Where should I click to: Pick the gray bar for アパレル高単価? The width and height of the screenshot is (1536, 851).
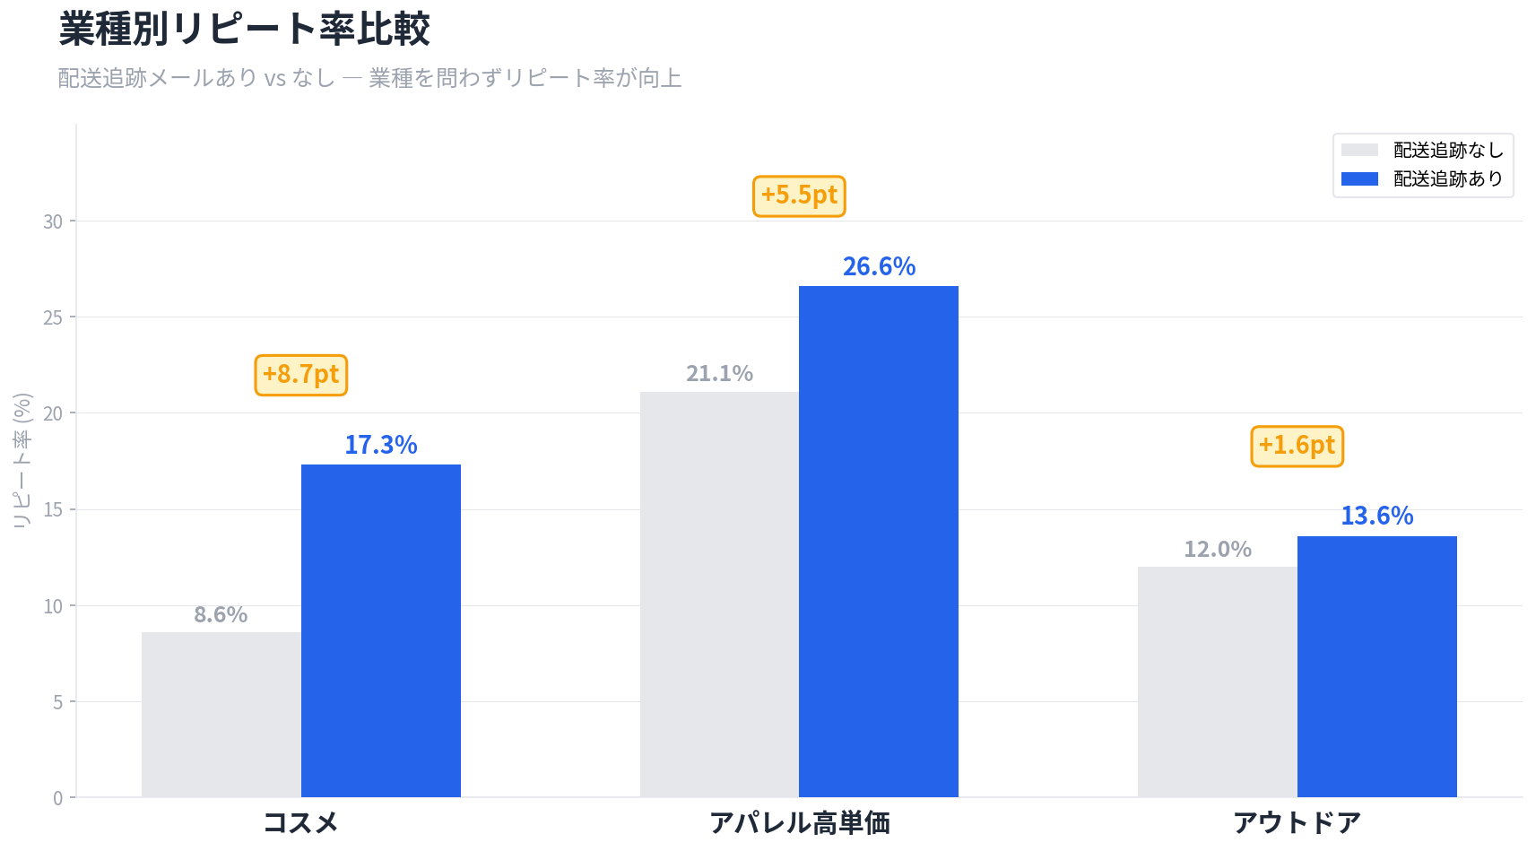coord(719,594)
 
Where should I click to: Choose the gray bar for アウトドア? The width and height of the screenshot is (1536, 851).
coord(1217,682)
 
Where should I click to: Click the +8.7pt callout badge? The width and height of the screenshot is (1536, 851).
coord(301,375)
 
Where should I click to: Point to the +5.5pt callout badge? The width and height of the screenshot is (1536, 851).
coord(799,195)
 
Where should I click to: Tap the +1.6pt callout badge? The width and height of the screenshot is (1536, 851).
coord(1297,446)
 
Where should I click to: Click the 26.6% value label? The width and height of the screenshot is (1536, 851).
coord(879,266)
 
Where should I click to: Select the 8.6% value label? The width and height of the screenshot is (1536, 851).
coord(221,614)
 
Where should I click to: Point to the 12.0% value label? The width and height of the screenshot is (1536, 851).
coord(1217,549)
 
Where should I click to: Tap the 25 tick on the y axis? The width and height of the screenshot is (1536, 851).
coord(53,317)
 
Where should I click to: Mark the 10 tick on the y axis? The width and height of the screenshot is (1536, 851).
coord(53,606)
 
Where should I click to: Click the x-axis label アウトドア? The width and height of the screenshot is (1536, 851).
coord(1297,822)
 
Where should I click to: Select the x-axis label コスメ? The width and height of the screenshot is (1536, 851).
coord(300,822)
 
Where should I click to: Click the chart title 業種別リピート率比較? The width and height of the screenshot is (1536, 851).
coord(244,29)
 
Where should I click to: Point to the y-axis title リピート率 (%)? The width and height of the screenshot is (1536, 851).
coord(22,460)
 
